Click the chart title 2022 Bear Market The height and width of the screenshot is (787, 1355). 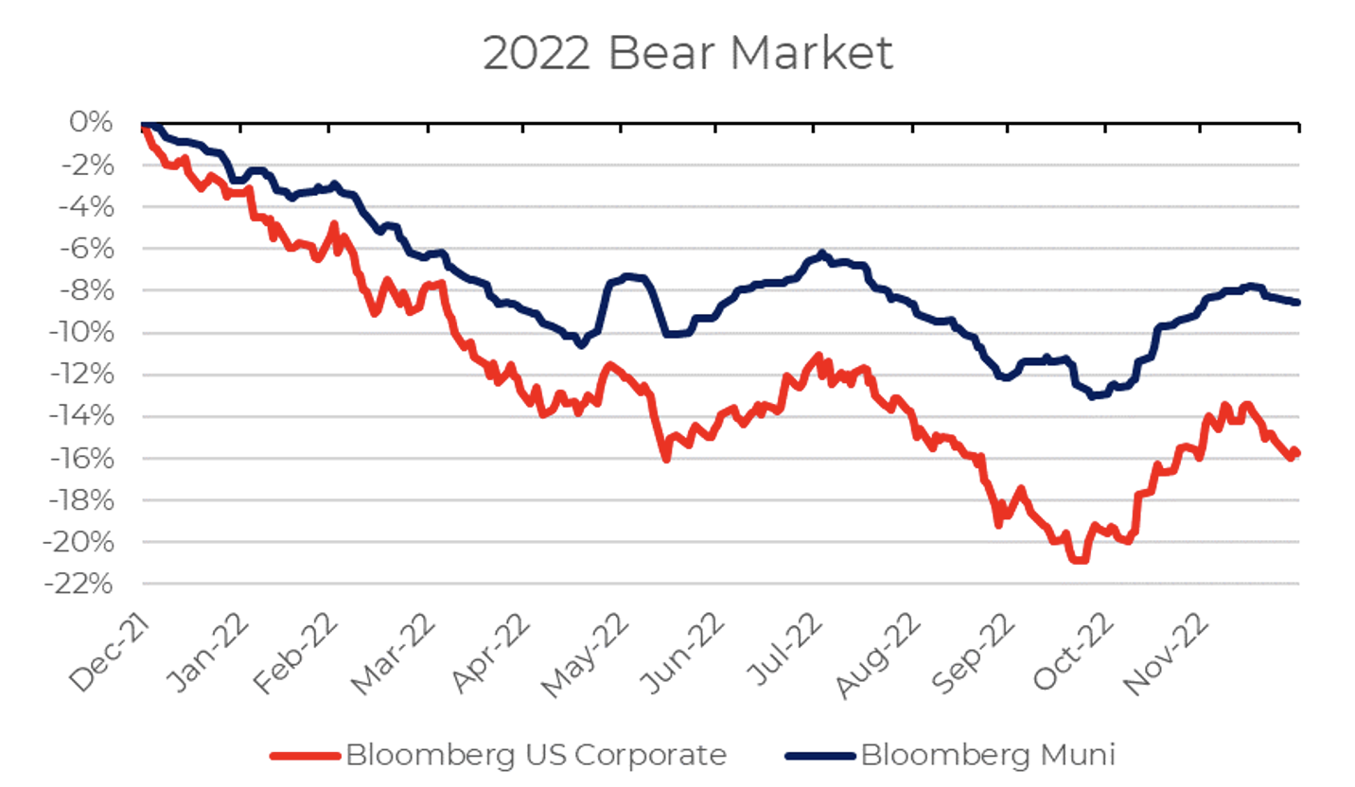[688, 54]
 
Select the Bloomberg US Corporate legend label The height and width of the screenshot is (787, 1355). [537, 755]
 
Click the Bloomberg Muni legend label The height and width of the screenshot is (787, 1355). [988, 755]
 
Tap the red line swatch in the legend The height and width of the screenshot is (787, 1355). [305, 756]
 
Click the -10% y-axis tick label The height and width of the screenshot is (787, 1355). [87, 333]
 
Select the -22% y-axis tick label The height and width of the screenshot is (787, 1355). [87, 585]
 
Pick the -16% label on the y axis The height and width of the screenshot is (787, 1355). [87, 459]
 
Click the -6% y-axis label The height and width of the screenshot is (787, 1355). [91, 249]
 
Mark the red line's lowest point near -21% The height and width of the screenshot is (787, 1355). [1079, 560]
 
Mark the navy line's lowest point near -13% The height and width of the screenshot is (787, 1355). [1093, 395]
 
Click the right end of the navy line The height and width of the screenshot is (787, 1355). [1297, 302]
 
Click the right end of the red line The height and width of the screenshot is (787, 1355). [1297, 452]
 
